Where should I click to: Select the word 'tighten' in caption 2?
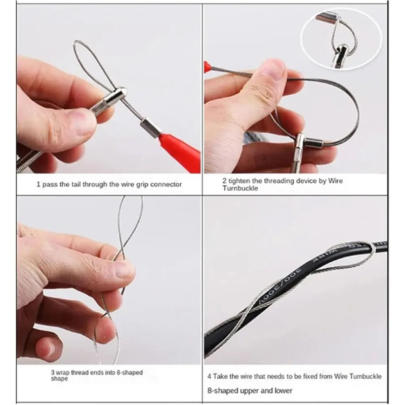click(x=238, y=181)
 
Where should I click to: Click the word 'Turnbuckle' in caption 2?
click(x=240, y=188)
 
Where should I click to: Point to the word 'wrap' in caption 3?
click(x=63, y=373)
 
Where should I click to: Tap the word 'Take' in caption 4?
click(x=221, y=376)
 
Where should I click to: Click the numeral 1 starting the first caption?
click(x=38, y=184)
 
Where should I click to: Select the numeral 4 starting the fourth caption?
click(x=210, y=376)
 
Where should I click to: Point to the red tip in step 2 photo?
click(x=208, y=67)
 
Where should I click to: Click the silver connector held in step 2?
click(x=309, y=142)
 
